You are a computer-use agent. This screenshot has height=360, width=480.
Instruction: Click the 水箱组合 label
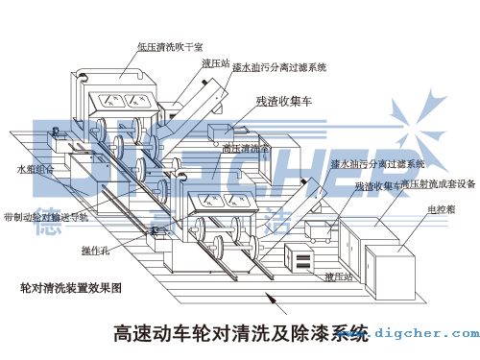[36, 168]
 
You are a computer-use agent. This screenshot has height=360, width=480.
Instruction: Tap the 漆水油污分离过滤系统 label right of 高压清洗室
[369, 164]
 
